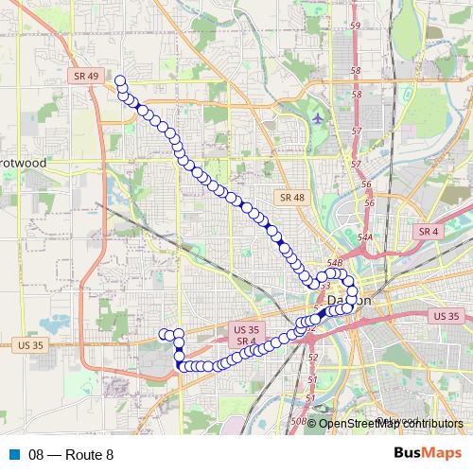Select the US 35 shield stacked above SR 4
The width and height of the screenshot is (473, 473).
click(245, 329)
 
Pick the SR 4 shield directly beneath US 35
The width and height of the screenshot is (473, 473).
click(245, 341)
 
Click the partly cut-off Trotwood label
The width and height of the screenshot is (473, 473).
click(24, 163)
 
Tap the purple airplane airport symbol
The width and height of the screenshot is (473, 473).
click(317, 118)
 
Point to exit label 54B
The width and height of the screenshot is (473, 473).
click(334, 262)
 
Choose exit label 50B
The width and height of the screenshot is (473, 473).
click(299, 420)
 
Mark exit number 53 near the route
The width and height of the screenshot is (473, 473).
click(324, 284)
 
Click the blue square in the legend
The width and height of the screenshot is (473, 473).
click(14, 455)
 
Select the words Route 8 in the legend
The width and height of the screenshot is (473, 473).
click(90, 455)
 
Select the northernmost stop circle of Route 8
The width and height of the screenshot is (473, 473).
click(120, 81)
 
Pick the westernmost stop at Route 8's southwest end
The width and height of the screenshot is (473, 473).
click(164, 334)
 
